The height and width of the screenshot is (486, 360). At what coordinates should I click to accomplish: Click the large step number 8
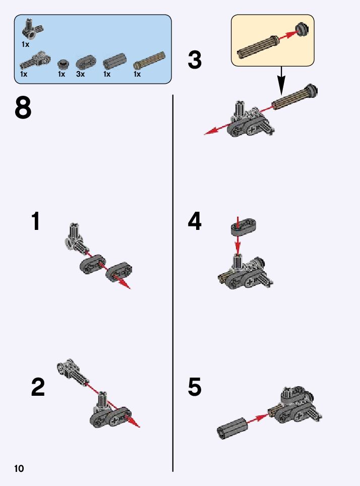point(23,107)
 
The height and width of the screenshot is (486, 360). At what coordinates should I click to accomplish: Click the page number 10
point(19,468)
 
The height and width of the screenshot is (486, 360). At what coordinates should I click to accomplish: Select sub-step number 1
point(36,221)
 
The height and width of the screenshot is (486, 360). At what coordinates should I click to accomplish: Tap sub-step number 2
point(38,387)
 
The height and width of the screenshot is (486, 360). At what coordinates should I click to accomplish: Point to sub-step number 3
point(195,60)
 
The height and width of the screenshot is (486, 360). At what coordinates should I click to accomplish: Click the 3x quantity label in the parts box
point(80,74)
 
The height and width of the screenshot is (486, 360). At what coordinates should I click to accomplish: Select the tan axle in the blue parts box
point(149,60)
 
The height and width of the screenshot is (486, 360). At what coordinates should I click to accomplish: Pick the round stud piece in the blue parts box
point(63,64)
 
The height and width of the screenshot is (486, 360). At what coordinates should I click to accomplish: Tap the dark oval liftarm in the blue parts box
point(86,62)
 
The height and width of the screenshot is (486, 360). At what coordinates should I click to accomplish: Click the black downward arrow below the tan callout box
point(281,81)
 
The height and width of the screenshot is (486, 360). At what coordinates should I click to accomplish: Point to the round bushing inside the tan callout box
point(302,30)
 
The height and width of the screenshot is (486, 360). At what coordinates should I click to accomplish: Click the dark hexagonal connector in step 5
point(232,428)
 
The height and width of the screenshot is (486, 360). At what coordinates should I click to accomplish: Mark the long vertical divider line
point(173,283)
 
